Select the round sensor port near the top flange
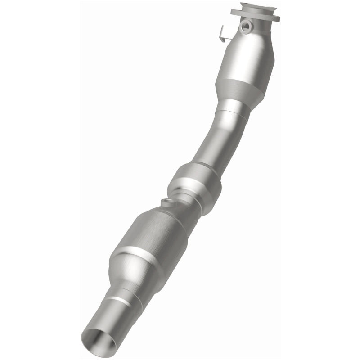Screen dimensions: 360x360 click(246, 26)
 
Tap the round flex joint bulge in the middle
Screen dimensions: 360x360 click(194, 182)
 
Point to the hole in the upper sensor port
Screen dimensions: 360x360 click(246, 27)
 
